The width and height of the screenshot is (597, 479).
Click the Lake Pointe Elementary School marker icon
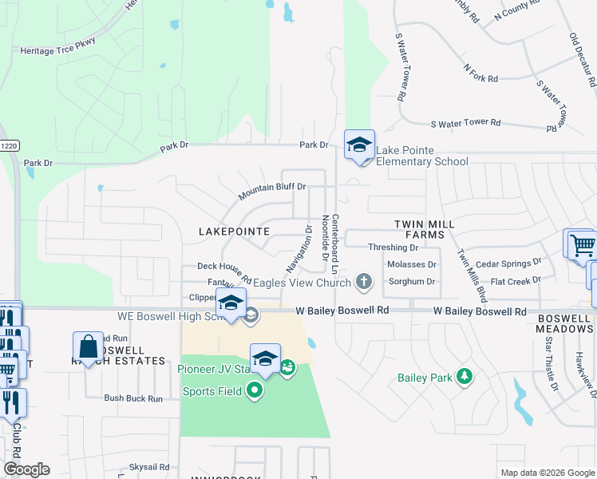[359, 145]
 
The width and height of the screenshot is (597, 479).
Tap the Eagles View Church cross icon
[364, 281]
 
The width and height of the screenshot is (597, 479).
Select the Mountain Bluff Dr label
[272, 191]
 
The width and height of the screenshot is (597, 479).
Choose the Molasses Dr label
[411, 264]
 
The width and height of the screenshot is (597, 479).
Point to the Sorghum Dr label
[411, 282]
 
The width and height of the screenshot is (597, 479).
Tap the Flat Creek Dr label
[515, 281]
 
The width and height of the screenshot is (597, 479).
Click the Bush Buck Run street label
[133, 398]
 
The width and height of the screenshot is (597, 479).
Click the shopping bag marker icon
[88, 346]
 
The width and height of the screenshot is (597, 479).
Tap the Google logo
[26, 469]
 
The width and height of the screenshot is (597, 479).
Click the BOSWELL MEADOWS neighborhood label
[564, 323]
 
